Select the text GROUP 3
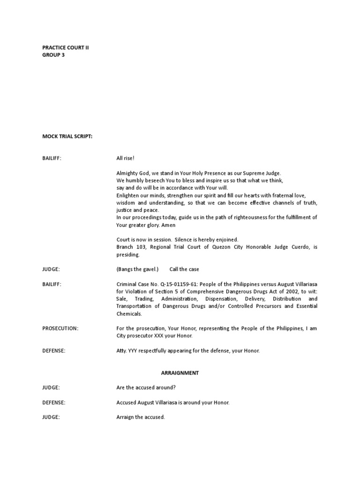[x=53, y=55]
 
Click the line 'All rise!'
[x=126, y=158]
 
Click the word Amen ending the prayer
[x=168, y=225]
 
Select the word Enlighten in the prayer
[x=128, y=195]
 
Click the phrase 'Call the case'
[x=187, y=269]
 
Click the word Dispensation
[x=217, y=299]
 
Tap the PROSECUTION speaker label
[x=60, y=329]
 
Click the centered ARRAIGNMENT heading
[x=180, y=373]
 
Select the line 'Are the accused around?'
[x=146, y=388]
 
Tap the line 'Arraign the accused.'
[x=141, y=417]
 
